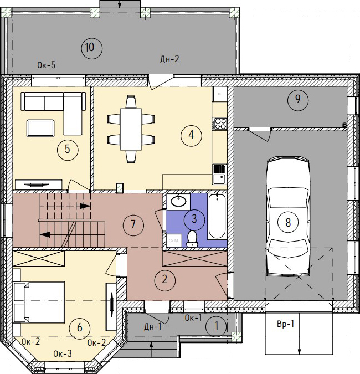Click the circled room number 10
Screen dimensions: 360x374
92,48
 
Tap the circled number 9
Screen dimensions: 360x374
298,100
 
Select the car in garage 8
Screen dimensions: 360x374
288,216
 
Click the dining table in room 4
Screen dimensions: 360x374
131,129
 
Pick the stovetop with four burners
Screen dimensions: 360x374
219,124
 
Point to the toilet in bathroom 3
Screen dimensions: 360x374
192,238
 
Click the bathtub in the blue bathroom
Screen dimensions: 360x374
217,216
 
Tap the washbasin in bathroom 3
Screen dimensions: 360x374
178,202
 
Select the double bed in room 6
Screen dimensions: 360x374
39,302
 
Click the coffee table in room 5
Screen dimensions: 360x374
40,128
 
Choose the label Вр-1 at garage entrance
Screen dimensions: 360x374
286,324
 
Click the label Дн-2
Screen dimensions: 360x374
169,59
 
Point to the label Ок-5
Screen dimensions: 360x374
47,65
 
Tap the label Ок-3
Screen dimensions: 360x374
63,353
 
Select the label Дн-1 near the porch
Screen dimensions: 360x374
153,326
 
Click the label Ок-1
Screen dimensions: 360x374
193,317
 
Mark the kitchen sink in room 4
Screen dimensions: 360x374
219,175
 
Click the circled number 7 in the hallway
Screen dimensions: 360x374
133,224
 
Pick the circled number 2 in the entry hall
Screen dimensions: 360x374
164,280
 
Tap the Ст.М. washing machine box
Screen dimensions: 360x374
174,240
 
